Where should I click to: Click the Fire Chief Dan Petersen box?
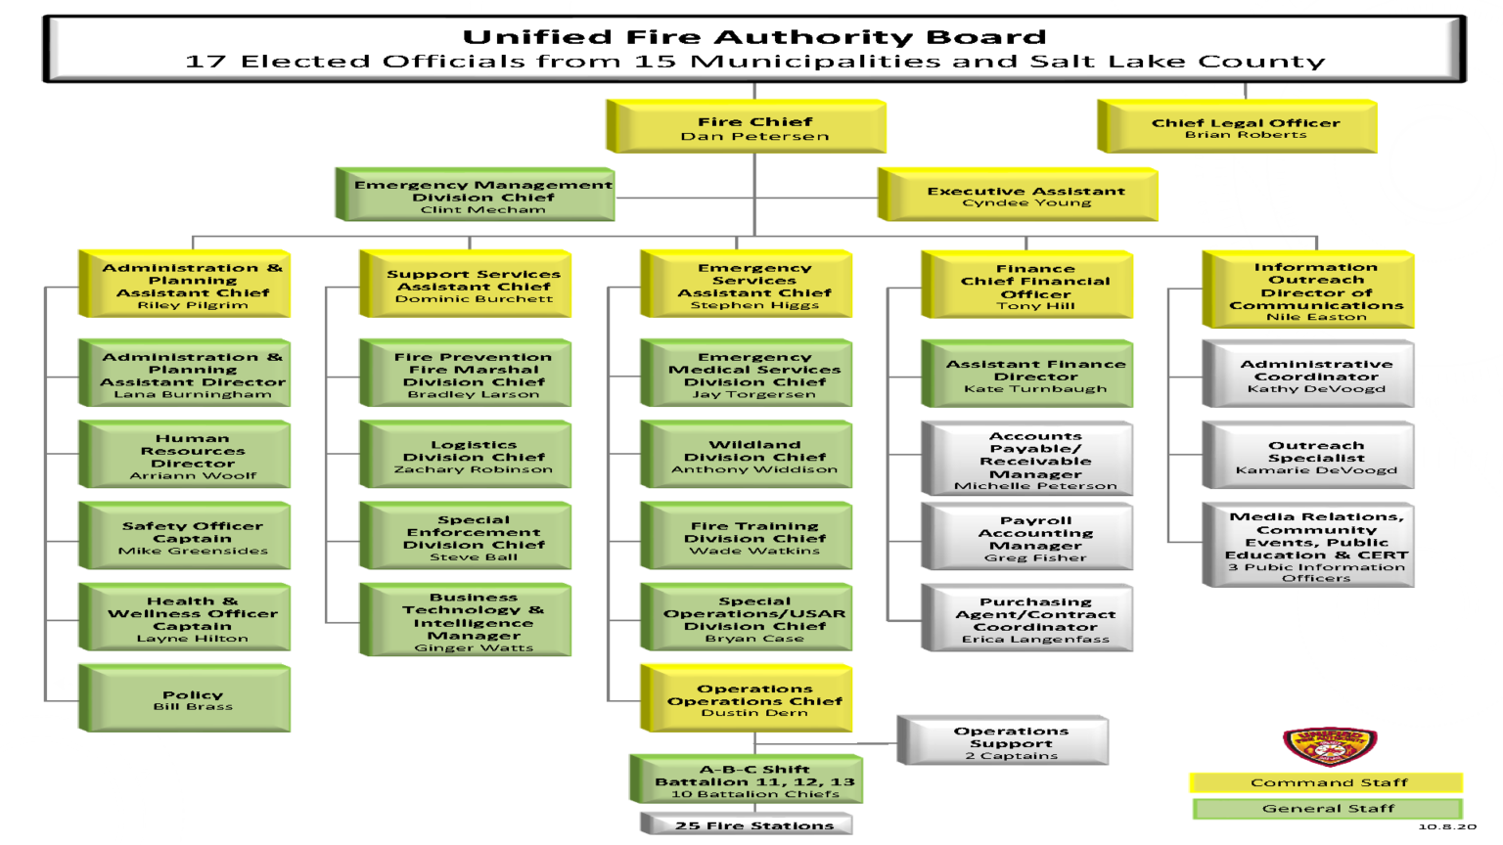pos(753,127)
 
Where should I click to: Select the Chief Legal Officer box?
pos(1245,127)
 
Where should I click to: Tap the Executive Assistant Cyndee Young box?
pos(1025,196)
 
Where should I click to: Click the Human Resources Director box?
pos(192,455)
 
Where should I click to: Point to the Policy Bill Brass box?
pos(192,699)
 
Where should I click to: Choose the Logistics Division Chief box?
pos(473,455)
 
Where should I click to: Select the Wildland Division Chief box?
pos(753,455)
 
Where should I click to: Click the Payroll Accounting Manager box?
pos(1034,537)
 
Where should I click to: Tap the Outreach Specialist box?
pos(1315,456)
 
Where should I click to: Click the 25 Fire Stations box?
pos(753,825)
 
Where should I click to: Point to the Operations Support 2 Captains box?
pos(1010,742)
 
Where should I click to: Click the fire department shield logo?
pos(1329,746)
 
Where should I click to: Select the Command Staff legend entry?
pos(1328,782)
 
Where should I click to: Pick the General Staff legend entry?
pos(1328,809)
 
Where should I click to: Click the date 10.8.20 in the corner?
pos(1446,827)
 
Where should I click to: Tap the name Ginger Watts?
pos(474,647)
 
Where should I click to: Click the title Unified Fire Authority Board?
pos(753,37)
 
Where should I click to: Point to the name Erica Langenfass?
pos(1034,640)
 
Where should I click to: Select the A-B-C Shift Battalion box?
pos(753,780)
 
